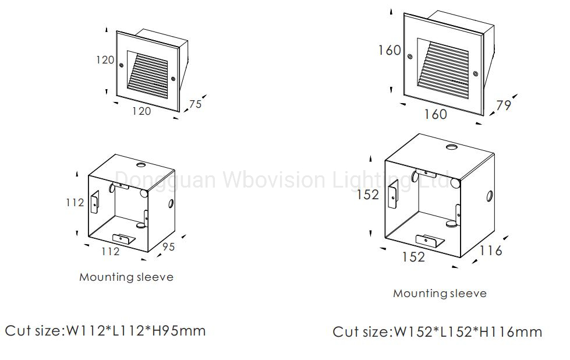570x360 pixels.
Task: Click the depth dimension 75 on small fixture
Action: [196, 104]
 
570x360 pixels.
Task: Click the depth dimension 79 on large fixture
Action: [503, 105]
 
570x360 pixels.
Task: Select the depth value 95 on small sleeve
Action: [168, 247]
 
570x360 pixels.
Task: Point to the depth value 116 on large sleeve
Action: [491, 250]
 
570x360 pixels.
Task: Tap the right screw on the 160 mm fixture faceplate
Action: [475, 74]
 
